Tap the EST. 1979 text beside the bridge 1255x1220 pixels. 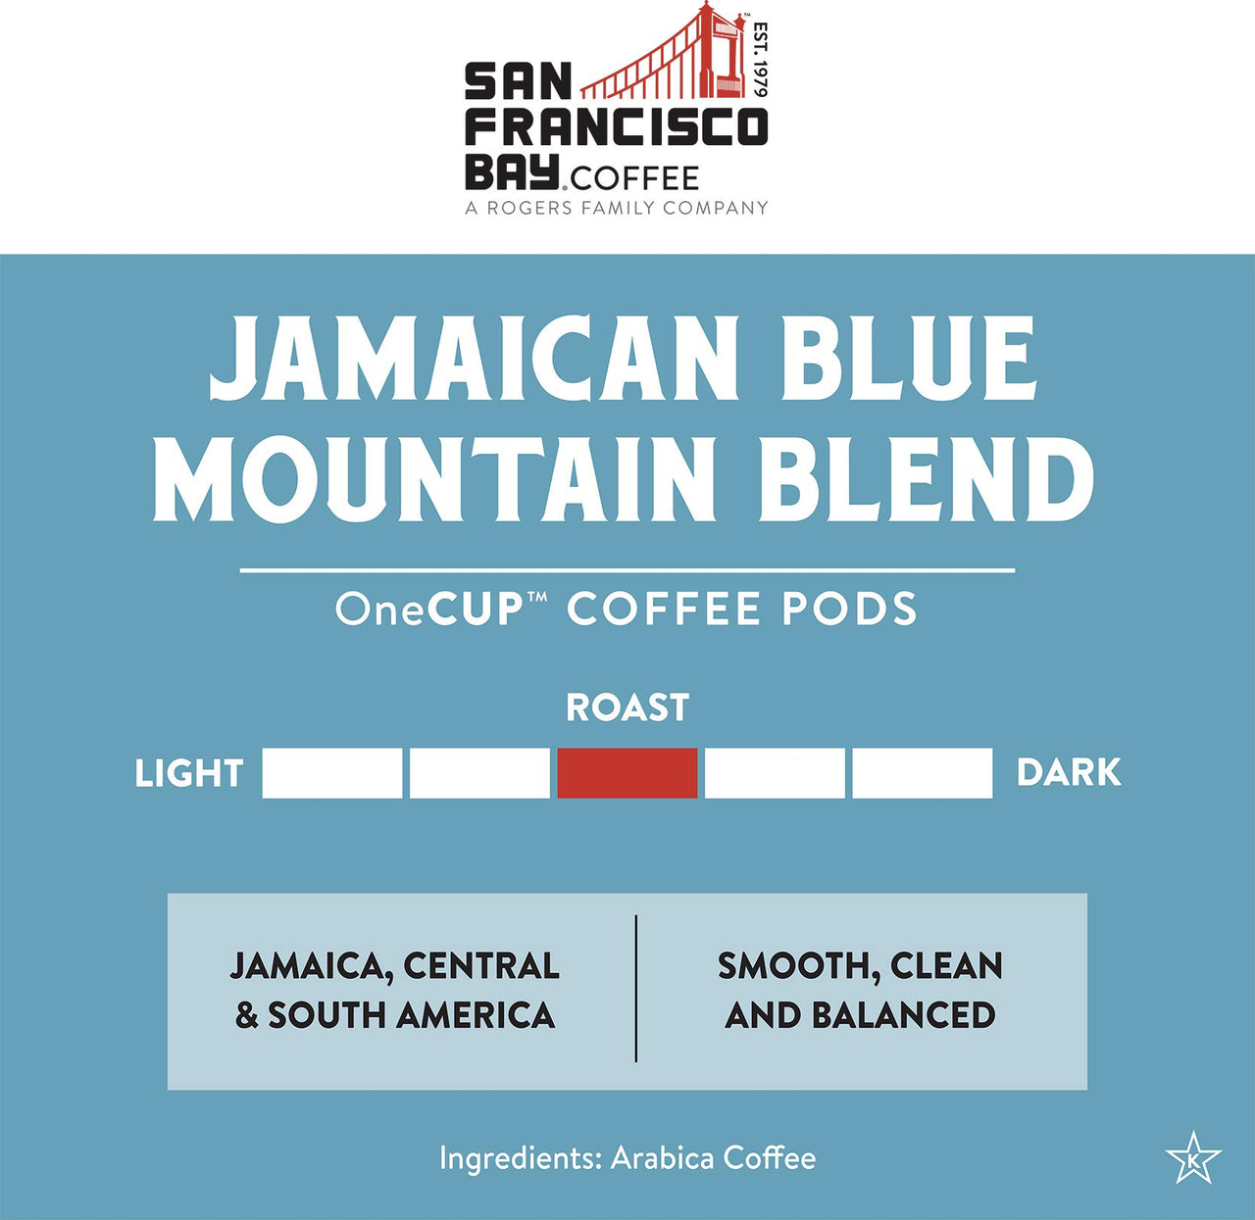click(x=760, y=60)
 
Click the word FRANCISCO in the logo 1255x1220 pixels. click(x=616, y=127)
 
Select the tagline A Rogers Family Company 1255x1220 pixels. click(x=616, y=208)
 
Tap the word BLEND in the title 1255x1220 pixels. click(x=927, y=480)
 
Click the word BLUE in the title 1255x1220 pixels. click(x=897, y=360)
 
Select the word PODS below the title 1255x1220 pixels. click(x=849, y=610)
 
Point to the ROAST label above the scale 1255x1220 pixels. click(x=627, y=708)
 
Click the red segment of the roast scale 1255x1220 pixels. click(x=627, y=773)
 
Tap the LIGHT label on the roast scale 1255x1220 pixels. click(x=188, y=774)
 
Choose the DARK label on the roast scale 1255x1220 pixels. click(x=1069, y=773)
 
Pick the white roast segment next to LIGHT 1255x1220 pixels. click(x=332, y=773)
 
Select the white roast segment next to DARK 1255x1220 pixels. click(x=922, y=773)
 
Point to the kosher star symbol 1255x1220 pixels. click(x=1193, y=1159)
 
